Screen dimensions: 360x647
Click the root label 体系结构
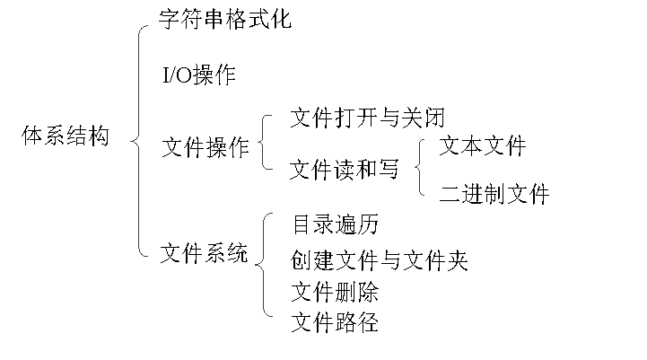point(66,137)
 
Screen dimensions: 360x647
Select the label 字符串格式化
point(224,19)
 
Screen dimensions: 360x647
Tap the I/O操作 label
point(198,75)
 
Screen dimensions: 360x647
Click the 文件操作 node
point(205,147)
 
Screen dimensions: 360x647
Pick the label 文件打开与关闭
point(368,117)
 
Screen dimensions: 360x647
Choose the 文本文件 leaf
point(482,145)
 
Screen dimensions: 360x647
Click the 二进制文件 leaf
point(494,193)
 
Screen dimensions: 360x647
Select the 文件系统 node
point(204,254)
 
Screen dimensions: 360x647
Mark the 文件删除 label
point(335,292)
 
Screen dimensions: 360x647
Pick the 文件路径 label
point(335,321)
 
